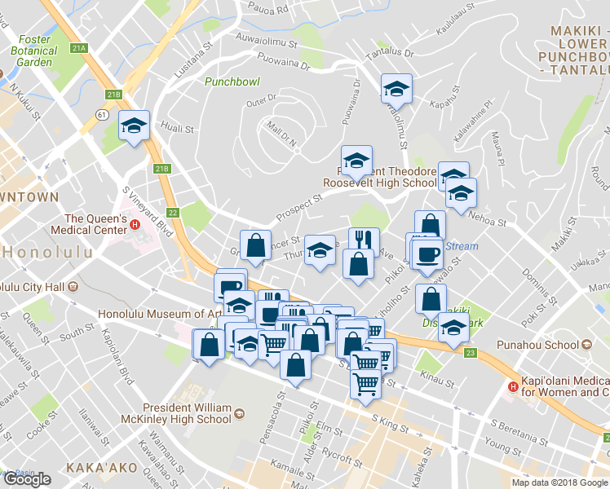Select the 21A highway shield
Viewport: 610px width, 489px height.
tap(78, 48)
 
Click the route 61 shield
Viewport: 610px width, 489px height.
tap(102, 116)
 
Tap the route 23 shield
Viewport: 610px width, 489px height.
tap(471, 353)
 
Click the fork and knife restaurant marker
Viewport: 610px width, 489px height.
tap(363, 240)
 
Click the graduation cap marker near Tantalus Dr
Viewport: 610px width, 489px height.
tap(396, 88)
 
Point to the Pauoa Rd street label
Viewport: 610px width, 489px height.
tap(272, 10)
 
